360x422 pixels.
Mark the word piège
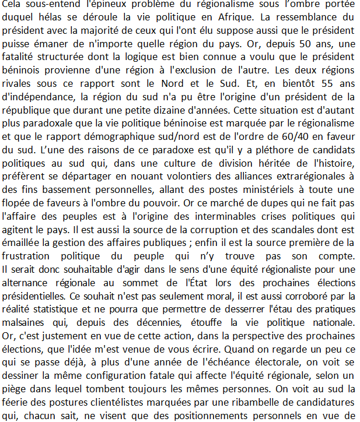coord(15,377)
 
